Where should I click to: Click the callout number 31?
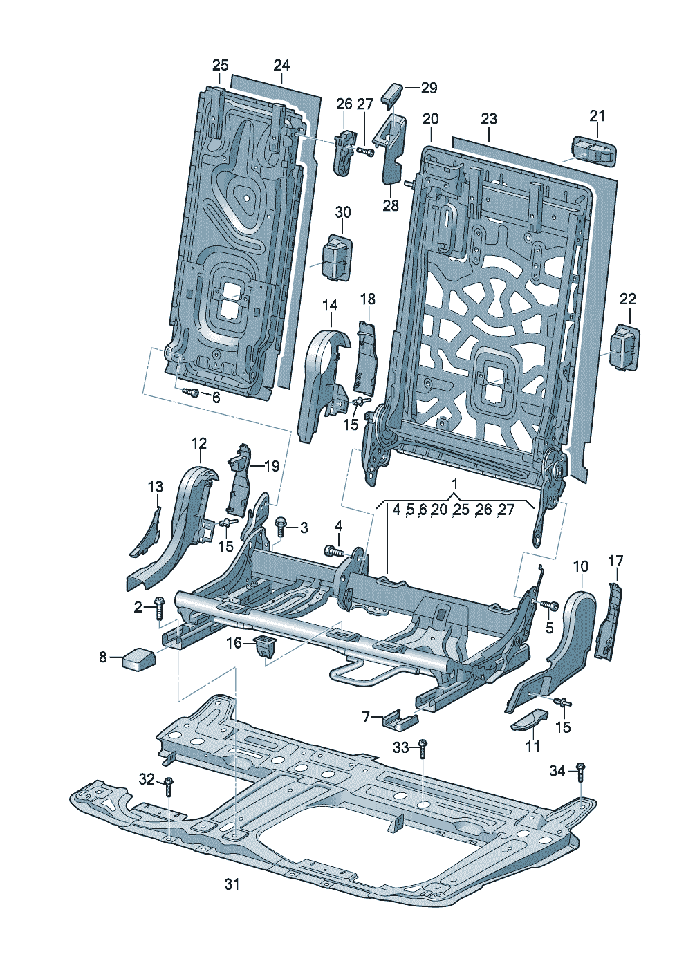[232, 884]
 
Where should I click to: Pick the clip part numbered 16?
[264, 646]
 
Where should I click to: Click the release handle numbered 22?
[624, 347]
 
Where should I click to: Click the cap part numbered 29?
[393, 91]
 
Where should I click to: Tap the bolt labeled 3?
[281, 527]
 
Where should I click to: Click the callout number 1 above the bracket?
[454, 481]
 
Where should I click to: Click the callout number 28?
[391, 205]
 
